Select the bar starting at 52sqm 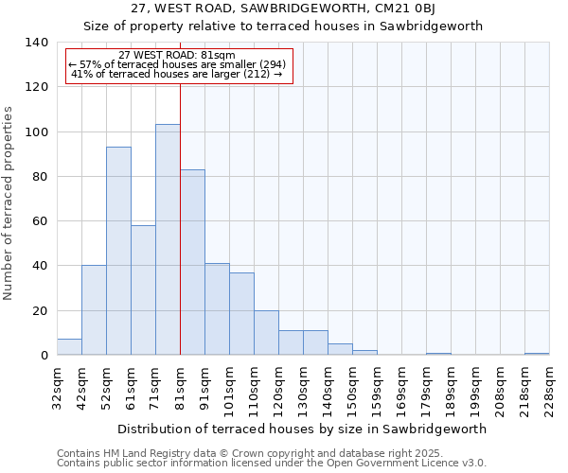pyautogui.click(x=118, y=251)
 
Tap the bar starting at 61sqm pyautogui.click(x=143, y=289)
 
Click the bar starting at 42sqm pyautogui.click(x=94, y=310)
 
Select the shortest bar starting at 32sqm pyautogui.click(x=69, y=347)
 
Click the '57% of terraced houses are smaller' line pyautogui.click(x=176, y=64)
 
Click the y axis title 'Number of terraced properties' pyautogui.click(x=9, y=203)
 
